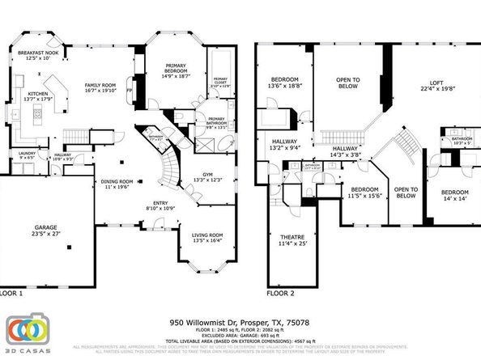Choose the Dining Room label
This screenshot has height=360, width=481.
pos(116,184)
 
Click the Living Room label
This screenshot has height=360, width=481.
pos(207,237)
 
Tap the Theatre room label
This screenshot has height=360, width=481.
pos(281,239)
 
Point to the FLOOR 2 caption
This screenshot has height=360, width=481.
pos(281,293)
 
